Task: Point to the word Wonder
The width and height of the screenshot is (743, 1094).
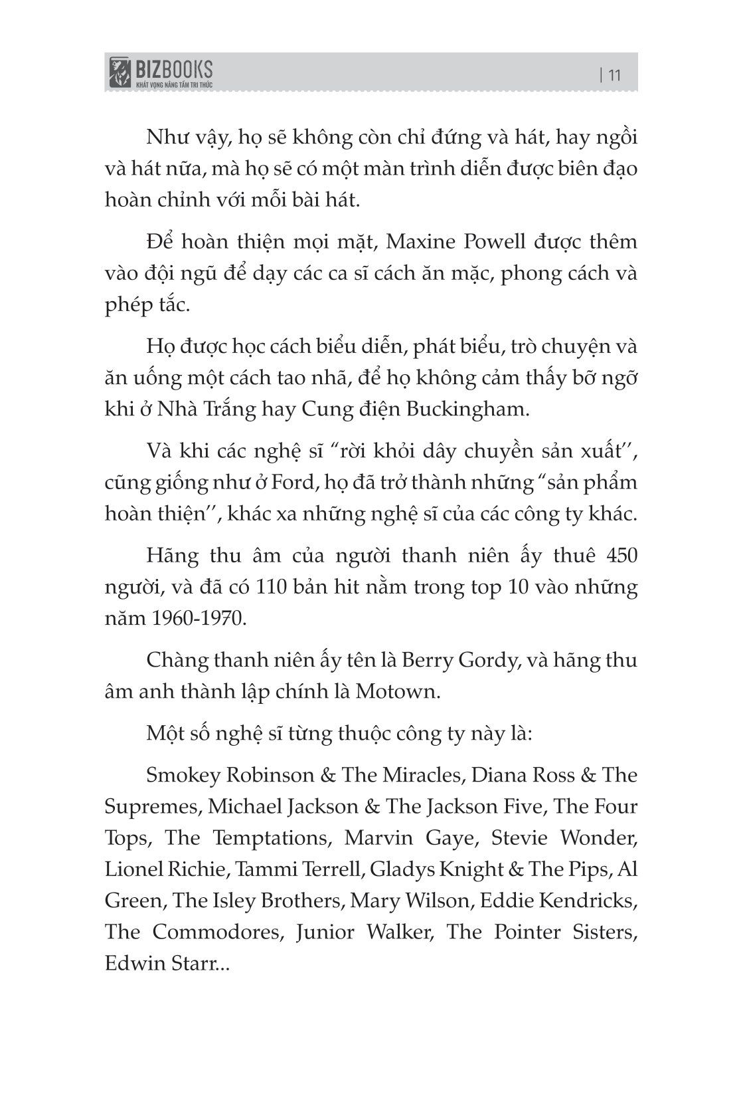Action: (600, 838)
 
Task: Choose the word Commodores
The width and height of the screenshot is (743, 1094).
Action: (213, 932)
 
